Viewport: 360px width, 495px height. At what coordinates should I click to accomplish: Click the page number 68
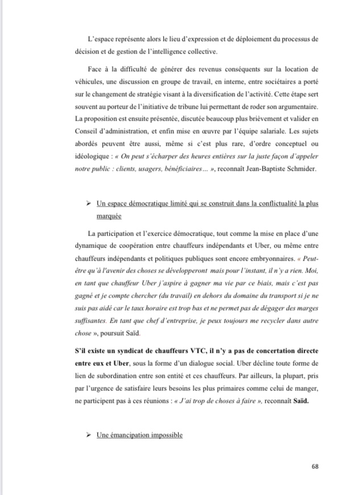point(315,467)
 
